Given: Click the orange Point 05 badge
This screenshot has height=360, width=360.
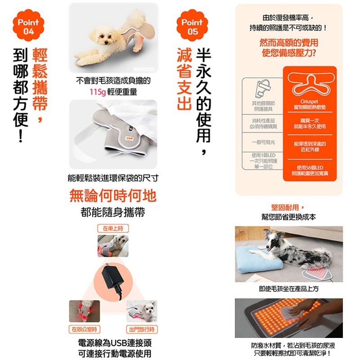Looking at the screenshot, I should pyautogui.click(x=192, y=27).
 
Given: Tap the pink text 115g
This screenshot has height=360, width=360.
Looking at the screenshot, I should pyautogui.click(x=96, y=92).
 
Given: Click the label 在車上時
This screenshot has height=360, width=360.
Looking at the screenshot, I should pyautogui.click(x=113, y=229).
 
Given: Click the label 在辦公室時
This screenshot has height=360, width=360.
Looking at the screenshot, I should pyautogui.click(x=84, y=329).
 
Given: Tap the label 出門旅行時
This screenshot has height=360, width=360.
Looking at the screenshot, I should pyautogui.click(x=142, y=329).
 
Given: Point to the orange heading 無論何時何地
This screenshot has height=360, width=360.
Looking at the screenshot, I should pyautogui.click(x=113, y=196).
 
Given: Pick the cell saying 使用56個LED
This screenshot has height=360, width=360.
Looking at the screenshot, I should pyautogui.click(x=309, y=167).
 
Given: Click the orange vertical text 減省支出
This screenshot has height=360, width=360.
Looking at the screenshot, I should pyautogui.click(x=183, y=79).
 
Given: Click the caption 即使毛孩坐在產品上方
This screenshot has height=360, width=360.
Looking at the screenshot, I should pyautogui.click(x=288, y=288).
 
